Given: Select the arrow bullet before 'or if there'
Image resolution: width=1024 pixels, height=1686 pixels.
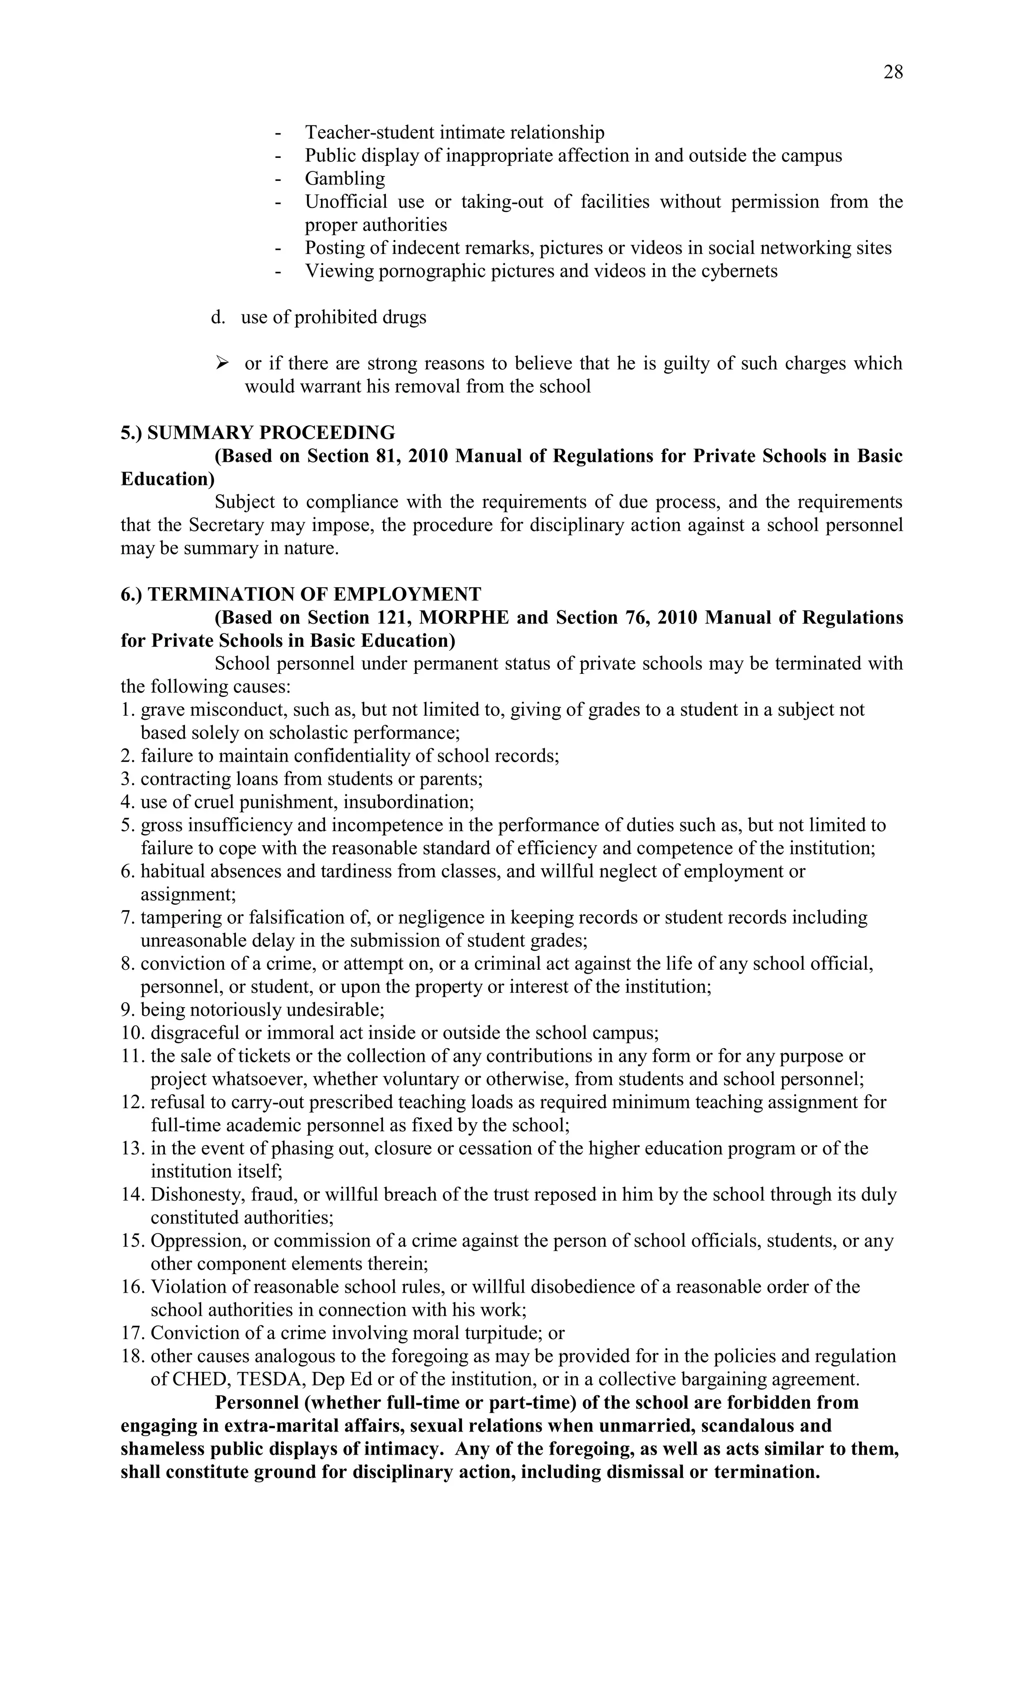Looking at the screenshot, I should tap(222, 363).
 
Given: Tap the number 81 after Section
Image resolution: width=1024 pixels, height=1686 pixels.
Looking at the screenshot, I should tap(388, 456).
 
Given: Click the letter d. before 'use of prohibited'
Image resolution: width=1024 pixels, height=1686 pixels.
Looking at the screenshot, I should tap(217, 317).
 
